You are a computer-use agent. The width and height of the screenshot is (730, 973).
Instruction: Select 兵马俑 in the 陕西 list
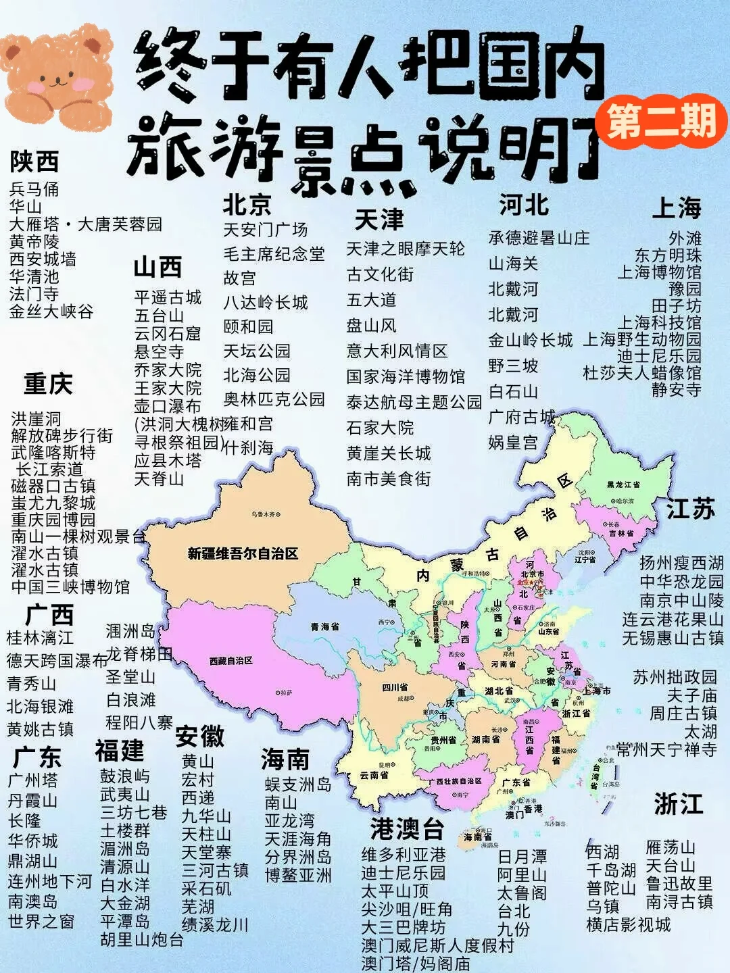tap(34, 189)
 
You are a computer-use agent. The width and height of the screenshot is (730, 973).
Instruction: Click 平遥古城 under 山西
tap(168, 298)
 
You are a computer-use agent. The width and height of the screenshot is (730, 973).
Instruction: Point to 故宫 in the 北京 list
tap(239, 278)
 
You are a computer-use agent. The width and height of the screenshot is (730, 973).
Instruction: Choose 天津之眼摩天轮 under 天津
tap(406, 249)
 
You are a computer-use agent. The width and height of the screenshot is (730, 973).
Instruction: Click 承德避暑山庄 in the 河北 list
tap(539, 238)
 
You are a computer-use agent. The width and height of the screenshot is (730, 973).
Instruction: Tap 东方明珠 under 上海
tap(667, 255)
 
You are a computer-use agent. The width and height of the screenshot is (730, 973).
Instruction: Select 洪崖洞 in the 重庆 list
tap(36, 419)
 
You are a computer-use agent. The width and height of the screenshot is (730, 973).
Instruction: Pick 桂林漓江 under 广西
tap(40, 638)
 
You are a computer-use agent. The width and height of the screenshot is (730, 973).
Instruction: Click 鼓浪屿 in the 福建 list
tap(125, 776)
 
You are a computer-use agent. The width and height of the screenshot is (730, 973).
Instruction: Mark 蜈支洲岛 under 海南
tap(298, 784)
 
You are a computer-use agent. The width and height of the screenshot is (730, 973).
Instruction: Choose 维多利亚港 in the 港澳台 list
tap(404, 855)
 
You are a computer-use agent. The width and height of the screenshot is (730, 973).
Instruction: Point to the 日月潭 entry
tap(522, 857)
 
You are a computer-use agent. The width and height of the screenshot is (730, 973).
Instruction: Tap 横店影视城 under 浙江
tap(628, 924)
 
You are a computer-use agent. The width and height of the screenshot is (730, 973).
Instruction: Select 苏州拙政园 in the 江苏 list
tap(675, 677)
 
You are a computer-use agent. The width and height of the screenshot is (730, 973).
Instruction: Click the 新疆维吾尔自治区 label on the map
tap(243, 554)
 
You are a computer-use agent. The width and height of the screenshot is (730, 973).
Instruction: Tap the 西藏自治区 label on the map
tap(230, 660)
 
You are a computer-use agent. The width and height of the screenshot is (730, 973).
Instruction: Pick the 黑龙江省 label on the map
tap(623, 484)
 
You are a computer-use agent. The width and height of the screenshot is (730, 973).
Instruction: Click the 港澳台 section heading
tap(407, 828)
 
